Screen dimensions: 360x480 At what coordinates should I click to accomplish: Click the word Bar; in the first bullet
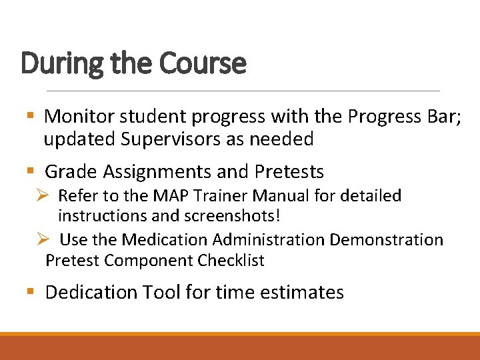pyautogui.click(x=442, y=117)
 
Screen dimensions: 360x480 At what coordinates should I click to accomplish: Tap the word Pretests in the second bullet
pyautogui.click(x=289, y=172)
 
